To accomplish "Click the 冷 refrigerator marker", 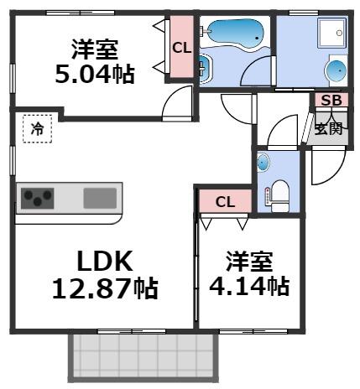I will point(37,129).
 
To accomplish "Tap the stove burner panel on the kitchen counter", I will point(39,199).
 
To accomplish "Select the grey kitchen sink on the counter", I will point(100,199).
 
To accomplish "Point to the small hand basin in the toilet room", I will point(264,162).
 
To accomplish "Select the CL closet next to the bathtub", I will point(180,48).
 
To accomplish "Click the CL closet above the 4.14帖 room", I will point(223,201).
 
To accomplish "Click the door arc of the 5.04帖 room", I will point(177,103).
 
